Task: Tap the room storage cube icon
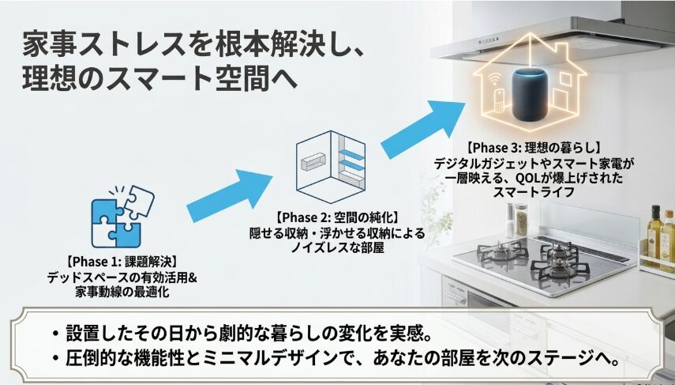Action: [x=331, y=167]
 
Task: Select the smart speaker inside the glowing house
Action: [x=529, y=96]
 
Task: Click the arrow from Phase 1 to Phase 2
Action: [x=230, y=195]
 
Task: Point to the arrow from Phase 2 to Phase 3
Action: [x=423, y=129]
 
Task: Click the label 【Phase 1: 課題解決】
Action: [x=122, y=261]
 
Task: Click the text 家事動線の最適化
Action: [x=122, y=293]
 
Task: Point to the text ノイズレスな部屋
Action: [x=337, y=247]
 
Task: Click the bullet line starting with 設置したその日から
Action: [x=242, y=334]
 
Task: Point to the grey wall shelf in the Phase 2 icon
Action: [x=313, y=162]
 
